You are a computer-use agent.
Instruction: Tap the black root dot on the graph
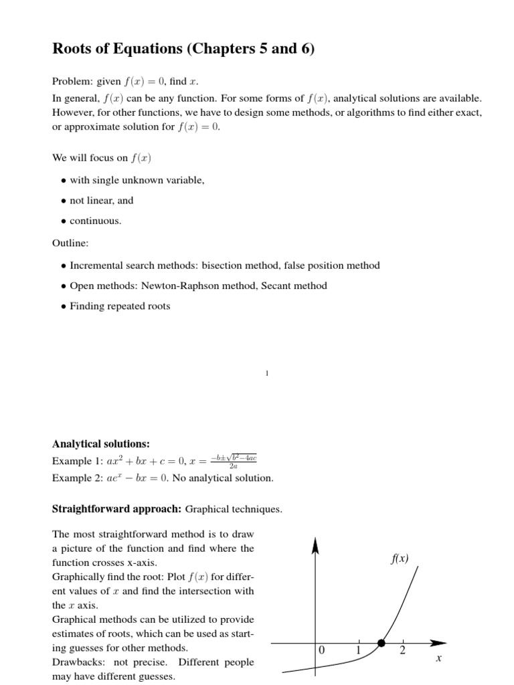point(381,643)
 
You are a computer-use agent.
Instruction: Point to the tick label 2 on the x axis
point(402,650)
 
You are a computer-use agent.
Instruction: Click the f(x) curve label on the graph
point(399,559)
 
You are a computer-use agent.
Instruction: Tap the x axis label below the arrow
point(438,659)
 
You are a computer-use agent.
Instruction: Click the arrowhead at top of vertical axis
point(315,546)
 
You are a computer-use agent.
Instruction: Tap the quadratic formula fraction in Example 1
point(234,462)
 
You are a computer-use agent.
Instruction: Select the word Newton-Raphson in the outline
point(201,286)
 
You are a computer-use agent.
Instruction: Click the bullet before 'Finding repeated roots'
point(63,306)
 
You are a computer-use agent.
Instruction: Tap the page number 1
point(267,374)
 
